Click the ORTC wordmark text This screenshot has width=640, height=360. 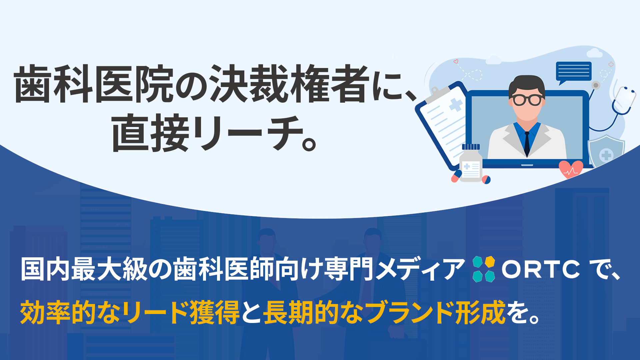coord(541,269)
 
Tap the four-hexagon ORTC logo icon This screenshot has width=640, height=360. coord(484,269)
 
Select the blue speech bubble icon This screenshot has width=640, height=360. coord(573,73)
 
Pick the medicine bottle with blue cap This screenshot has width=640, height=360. coord(471,163)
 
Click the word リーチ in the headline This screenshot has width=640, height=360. coord(246,133)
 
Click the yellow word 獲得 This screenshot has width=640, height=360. coord(215,312)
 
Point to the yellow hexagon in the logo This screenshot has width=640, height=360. coord(490,262)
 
